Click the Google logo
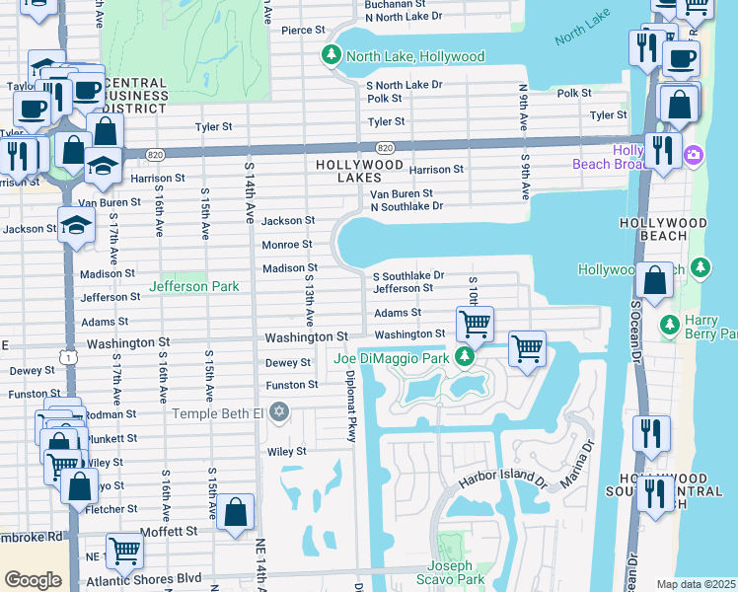pyautogui.click(x=33, y=580)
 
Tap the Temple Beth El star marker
pyautogui.click(x=279, y=410)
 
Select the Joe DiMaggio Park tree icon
pyautogui.click(x=460, y=357)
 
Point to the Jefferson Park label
pyautogui.click(x=193, y=286)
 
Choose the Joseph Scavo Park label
pyautogui.click(x=455, y=572)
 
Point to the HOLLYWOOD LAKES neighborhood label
pyautogui.click(x=358, y=171)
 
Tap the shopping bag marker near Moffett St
pyautogui.click(x=236, y=512)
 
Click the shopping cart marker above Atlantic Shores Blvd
pyautogui.click(x=124, y=549)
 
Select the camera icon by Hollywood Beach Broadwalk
pyautogui.click(x=694, y=155)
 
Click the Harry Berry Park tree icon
pyautogui.click(x=669, y=324)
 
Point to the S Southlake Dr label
pyautogui.click(x=407, y=275)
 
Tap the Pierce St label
pyautogui.click(x=297, y=31)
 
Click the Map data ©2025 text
pyautogui.click(x=696, y=584)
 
